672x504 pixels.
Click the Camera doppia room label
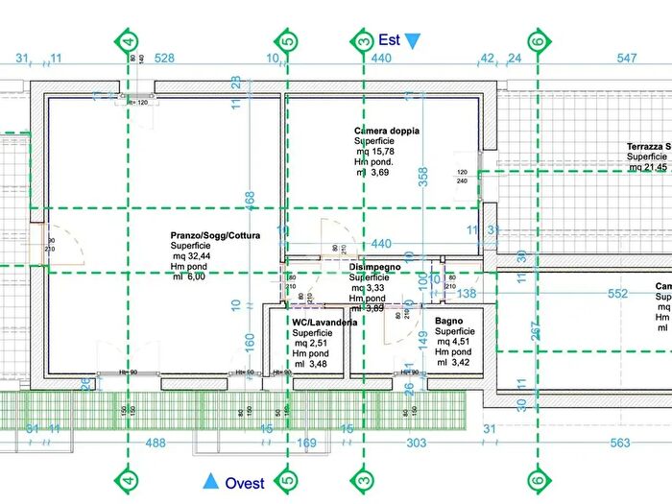pos(387,131)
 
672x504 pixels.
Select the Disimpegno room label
pos(375,267)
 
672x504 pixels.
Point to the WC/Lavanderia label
pos(325,323)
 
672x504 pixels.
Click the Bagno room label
pos(449,320)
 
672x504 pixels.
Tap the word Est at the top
pos(389,40)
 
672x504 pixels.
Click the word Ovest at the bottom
pos(245,483)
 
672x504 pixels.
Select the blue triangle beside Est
pos(413,41)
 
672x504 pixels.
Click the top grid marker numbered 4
pos(130,41)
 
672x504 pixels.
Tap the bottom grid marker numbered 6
pos(539,479)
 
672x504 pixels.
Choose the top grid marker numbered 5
pos(287,41)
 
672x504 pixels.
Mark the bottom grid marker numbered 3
pos(363,479)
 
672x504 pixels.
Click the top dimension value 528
pos(164,60)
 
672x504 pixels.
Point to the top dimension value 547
pos(627,60)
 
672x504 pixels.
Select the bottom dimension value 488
pos(156,443)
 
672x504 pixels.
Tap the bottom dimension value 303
pos(417,443)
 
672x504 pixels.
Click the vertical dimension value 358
pos(422,175)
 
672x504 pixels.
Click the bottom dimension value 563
pos(621,443)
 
